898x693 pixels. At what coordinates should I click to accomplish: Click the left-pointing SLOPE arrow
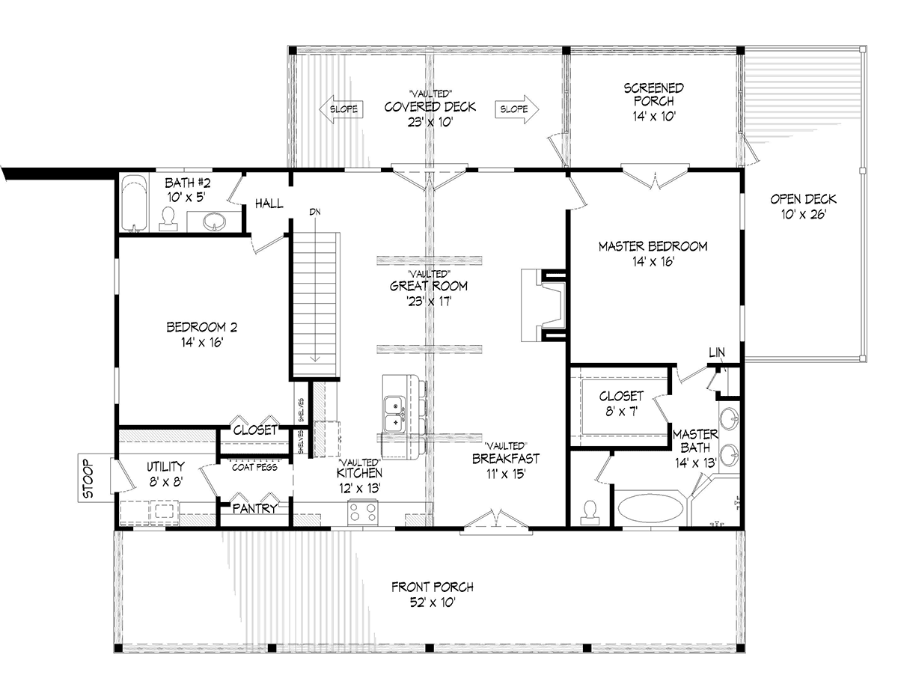tap(341, 109)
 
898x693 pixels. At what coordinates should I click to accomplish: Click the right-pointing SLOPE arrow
tap(517, 109)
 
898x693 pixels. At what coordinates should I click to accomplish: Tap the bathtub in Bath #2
tap(135, 204)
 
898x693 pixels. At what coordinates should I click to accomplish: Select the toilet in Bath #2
tap(168, 219)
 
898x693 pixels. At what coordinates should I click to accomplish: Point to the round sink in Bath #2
tap(215, 222)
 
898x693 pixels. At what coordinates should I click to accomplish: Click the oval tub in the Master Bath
tap(650, 508)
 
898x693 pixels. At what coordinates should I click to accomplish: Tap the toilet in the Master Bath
tap(590, 513)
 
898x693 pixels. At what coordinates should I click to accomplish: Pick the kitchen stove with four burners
tap(362, 512)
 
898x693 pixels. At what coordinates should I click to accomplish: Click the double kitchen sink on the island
tap(395, 415)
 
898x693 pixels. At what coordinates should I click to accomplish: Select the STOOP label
tap(88, 478)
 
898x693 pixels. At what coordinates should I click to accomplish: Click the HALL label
tap(269, 204)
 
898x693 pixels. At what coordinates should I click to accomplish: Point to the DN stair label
tap(315, 212)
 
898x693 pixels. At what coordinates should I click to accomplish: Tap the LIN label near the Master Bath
tap(717, 352)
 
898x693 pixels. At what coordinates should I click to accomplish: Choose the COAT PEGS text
tap(254, 468)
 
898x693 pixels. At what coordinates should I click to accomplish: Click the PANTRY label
tap(255, 508)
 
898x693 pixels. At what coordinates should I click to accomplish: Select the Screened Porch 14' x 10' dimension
tap(654, 116)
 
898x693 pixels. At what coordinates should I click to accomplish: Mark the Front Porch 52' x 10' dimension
tap(433, 602)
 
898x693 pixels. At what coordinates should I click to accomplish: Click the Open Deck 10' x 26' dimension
tap(804, 214)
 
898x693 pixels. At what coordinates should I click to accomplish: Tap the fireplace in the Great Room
tap(543, 305)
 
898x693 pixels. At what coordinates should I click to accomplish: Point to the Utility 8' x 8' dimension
tap(165, 481)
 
